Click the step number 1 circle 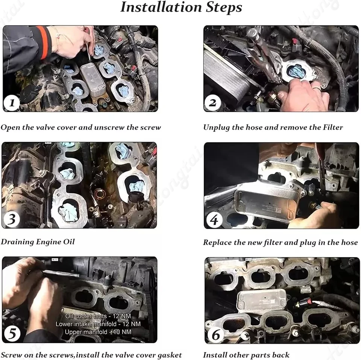12,103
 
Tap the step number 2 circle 212,103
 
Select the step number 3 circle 11,219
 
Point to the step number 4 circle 214,220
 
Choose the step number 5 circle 12,334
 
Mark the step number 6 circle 216,335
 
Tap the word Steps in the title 224,8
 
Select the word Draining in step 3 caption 17,242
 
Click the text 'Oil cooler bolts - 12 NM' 98,316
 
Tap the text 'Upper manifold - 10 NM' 98,332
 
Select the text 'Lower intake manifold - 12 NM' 98,324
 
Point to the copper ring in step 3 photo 100,194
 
